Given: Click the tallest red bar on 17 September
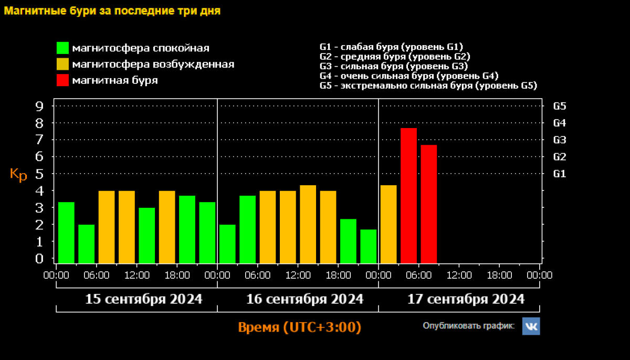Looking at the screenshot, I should click(408, 195).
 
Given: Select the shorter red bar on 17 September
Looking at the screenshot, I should click(428, 204).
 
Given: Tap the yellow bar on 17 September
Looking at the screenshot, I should click(388, 224).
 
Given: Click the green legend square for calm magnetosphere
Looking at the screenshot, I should click(63, 48).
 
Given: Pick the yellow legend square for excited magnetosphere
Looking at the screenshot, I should click(63, 65).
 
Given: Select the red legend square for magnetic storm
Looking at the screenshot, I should click(63, 80).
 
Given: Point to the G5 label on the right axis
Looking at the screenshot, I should click(560, 106).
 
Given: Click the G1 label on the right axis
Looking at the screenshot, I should click(560, 173).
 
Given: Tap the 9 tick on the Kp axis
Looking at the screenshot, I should click(39, 106).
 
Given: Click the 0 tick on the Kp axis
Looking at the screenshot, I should click(39, 259).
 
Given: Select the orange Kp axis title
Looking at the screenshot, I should click(18, 175).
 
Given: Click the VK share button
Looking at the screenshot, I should click(531, 326).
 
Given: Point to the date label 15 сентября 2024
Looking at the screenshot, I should click(144, 299).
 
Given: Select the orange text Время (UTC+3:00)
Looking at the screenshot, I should click(300, 327).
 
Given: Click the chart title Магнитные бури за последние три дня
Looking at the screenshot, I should click(112, 11).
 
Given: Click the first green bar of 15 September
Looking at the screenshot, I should click(66, 232).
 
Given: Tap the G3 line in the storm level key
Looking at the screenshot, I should click(393, 66).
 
